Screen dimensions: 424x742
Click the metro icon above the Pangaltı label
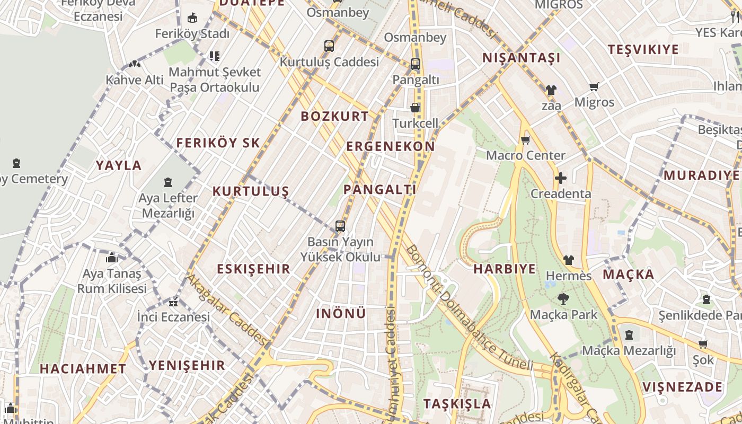pos(416,64)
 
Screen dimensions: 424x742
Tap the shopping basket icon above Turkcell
pos(415,108)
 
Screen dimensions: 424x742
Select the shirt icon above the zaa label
pos(551,90)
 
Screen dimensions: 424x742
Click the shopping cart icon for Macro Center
pos(525,140)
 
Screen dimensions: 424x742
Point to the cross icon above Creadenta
pos(560,178)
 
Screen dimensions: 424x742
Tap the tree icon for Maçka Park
pos(563,299)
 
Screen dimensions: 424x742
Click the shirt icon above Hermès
pos(568,260)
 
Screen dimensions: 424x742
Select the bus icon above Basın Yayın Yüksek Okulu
pos(340,226)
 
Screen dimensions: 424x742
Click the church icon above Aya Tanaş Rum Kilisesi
pos(112,258)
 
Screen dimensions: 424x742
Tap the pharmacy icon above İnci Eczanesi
pos(173,303)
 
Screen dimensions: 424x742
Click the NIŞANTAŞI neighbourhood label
pos(521,58)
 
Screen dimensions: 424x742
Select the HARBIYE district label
pos(505,269)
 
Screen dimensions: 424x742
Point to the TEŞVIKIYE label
pos(643,50)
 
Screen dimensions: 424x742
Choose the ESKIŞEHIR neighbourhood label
pos(253,269)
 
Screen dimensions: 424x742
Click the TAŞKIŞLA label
pos(457,403)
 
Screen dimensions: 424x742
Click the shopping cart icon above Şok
pos(703,344)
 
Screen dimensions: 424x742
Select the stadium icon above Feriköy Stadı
pos(192,18)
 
